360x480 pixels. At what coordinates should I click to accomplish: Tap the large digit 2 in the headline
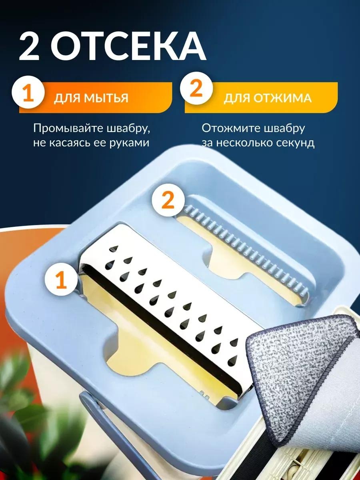coord(30,47)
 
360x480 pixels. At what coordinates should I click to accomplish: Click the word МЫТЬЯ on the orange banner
coord(106,98)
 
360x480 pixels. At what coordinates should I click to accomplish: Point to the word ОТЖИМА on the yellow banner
coord(283,98)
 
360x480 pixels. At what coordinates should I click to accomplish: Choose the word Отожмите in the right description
coord(231,128)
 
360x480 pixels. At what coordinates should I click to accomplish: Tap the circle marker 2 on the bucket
coord(168,201)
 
